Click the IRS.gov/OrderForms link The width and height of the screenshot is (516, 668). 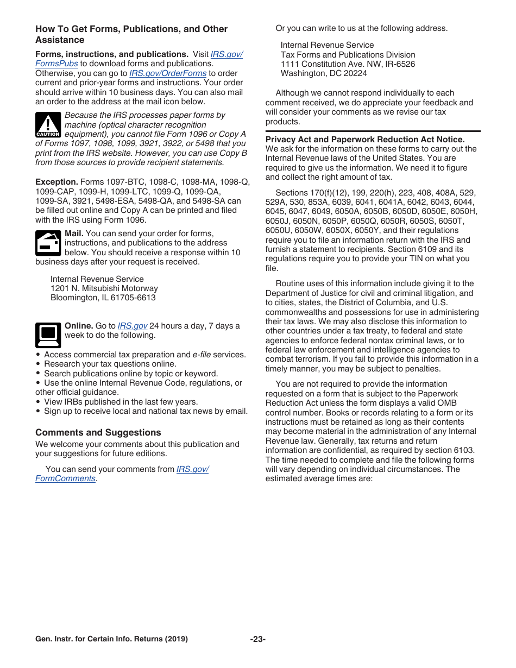(x=168, y=73)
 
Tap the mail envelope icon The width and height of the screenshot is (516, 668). (x=48, y=243)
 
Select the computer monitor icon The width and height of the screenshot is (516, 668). (x=48, y=335)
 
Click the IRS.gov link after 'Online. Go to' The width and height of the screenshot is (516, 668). (x=133, y=326)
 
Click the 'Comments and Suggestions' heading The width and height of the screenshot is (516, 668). (x=98, y=432)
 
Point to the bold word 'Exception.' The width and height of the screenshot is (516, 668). (x=57, y=182)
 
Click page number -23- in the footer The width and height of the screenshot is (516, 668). (x=257, y=639)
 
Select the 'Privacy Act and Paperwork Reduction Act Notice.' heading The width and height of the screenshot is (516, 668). (x=365, y=140)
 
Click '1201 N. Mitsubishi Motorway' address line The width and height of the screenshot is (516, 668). (x=104, y=288)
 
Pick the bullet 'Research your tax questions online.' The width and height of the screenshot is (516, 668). (x=110, y=364)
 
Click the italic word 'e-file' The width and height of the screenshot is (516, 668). (x=202, y=355)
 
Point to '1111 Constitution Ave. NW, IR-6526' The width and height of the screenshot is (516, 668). (x=348, y=64)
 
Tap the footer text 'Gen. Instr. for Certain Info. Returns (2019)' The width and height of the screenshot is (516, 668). (x=111, y=639)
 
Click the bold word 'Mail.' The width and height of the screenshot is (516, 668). (x=74, y=234)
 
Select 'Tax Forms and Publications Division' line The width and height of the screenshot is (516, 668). (x=348, y=54)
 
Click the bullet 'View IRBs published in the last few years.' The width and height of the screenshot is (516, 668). (x=121, y=402)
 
